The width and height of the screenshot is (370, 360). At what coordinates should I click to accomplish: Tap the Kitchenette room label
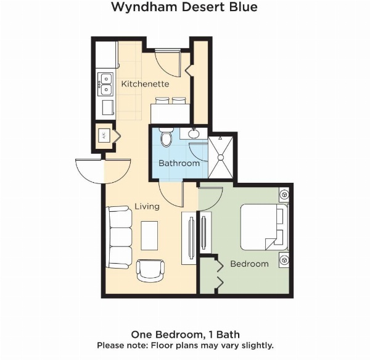tap(145, 83)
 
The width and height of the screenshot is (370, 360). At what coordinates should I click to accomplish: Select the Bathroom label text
tap(179, 164)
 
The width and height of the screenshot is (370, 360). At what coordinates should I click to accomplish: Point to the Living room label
tap(147, 206)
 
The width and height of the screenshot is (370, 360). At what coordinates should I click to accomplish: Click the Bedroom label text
tap(249, 264)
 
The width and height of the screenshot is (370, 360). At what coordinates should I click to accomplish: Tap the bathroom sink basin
tap(193, 132)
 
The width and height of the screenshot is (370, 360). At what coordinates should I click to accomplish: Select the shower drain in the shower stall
tap(220, 157)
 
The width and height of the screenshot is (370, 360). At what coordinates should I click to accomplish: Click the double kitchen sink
tap(106, 84)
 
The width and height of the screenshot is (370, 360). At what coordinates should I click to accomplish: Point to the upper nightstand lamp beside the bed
tap(284, 195)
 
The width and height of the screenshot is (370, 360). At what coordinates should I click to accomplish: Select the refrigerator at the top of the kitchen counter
tap(106, 55)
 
